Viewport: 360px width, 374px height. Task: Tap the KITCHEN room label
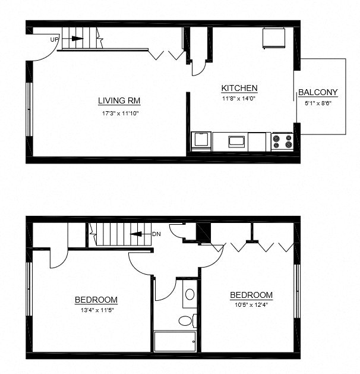click(x=239, y=88)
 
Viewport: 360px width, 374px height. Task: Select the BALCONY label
click(x=318, y=92)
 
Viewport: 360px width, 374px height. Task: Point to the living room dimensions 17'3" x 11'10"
click(x=119, y=113)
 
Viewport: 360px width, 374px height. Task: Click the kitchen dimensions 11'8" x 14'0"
click(x=239, y=99)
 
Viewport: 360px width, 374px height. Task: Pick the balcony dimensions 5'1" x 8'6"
click(x=318, y=103)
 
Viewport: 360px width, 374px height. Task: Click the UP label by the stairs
click(x=54, y=39)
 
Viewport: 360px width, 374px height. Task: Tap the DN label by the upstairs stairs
click(x=156, y=234)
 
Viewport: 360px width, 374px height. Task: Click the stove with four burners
click(x=282, y=142)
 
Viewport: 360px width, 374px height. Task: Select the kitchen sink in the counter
click(x=236, y=142)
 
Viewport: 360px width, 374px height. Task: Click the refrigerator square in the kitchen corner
click(x=274, y=38)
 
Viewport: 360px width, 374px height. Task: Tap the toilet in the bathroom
click(x=186, y=321)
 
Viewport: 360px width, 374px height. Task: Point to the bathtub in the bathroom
click(x=175, y=341)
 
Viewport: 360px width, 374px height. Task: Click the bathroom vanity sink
click(x=190, y=294)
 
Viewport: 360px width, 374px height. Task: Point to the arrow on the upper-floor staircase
click(x=138, y=234)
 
